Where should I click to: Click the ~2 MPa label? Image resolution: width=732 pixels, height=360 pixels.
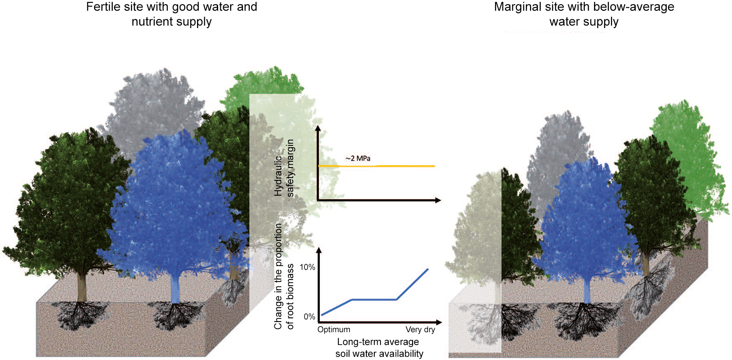point(358,159)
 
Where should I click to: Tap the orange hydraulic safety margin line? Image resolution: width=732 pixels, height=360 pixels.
point(376,166)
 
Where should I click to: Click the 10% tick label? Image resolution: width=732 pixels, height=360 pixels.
point(307,268)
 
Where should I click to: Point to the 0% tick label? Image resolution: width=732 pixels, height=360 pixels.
point(309,317)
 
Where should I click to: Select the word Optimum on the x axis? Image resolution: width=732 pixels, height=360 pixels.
point(334,329)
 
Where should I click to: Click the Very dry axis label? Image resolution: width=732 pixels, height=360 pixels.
point(420,329)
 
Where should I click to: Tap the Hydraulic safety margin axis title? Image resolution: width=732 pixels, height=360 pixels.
point(284,168)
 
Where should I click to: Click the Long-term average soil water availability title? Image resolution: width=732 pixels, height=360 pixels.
point(379,348)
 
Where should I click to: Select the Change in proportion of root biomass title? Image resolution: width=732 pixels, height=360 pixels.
point(284,276)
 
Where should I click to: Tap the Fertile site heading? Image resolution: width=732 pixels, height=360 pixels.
point(171,14)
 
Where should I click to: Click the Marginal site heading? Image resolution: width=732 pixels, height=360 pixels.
point(584,14)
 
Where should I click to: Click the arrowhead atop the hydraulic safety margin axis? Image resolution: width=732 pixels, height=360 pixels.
point(318,128)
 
